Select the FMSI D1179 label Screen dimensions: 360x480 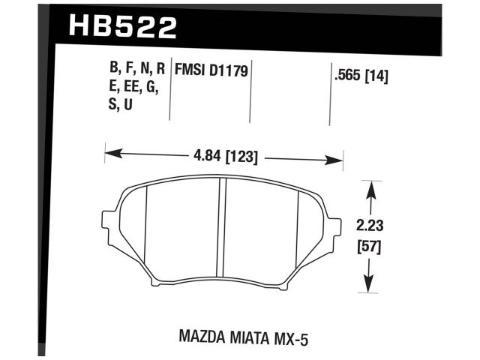point(211,70)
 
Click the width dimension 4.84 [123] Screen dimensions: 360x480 point(224,157)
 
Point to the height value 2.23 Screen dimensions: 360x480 point(368,223)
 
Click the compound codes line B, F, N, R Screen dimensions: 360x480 point(136,70)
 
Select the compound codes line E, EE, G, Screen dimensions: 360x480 point(134,87)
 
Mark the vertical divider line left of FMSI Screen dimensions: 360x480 point(170,90)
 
